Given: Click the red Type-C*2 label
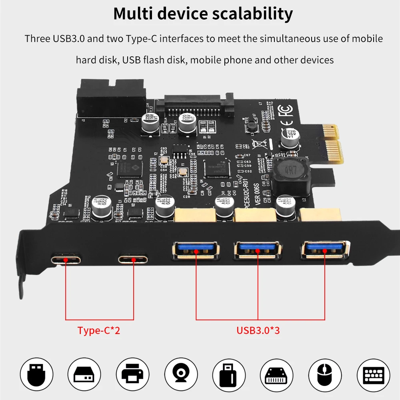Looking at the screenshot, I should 99,331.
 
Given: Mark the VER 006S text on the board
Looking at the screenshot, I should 258,192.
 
